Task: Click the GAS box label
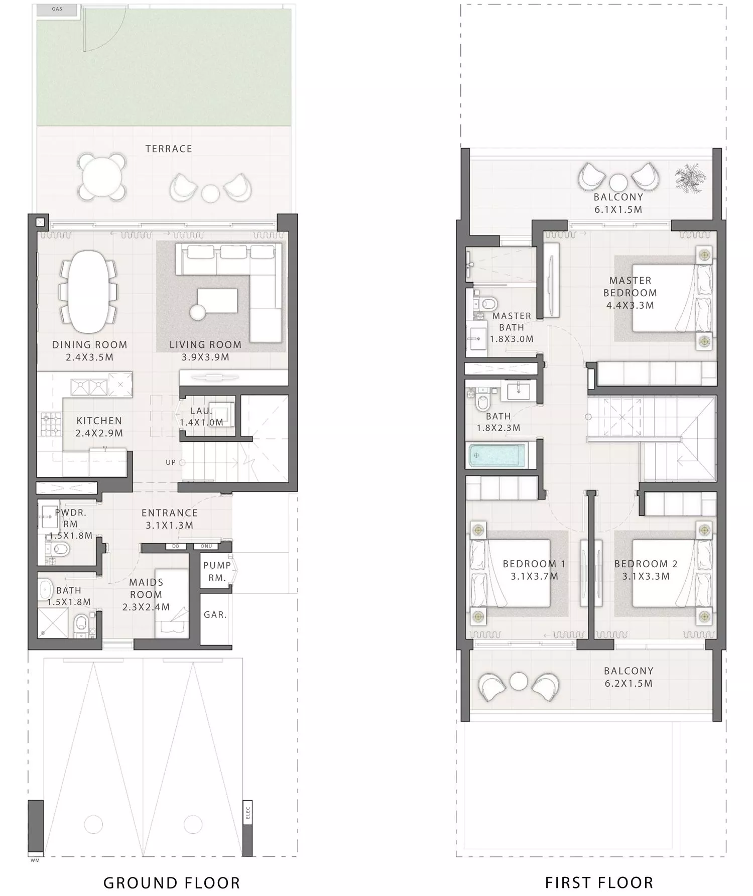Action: pos(57,9)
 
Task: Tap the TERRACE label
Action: pos(169,149)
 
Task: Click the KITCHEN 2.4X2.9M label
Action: pos(99,427)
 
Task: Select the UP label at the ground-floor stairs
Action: pos(171,462)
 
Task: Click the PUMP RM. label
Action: pos(217,571)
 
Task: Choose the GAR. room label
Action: pos(215,614)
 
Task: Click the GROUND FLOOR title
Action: pos(172,882)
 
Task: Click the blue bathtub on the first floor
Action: pos(496,456)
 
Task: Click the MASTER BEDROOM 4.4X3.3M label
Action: pos(630,293)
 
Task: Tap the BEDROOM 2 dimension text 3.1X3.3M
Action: pos(646,576)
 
